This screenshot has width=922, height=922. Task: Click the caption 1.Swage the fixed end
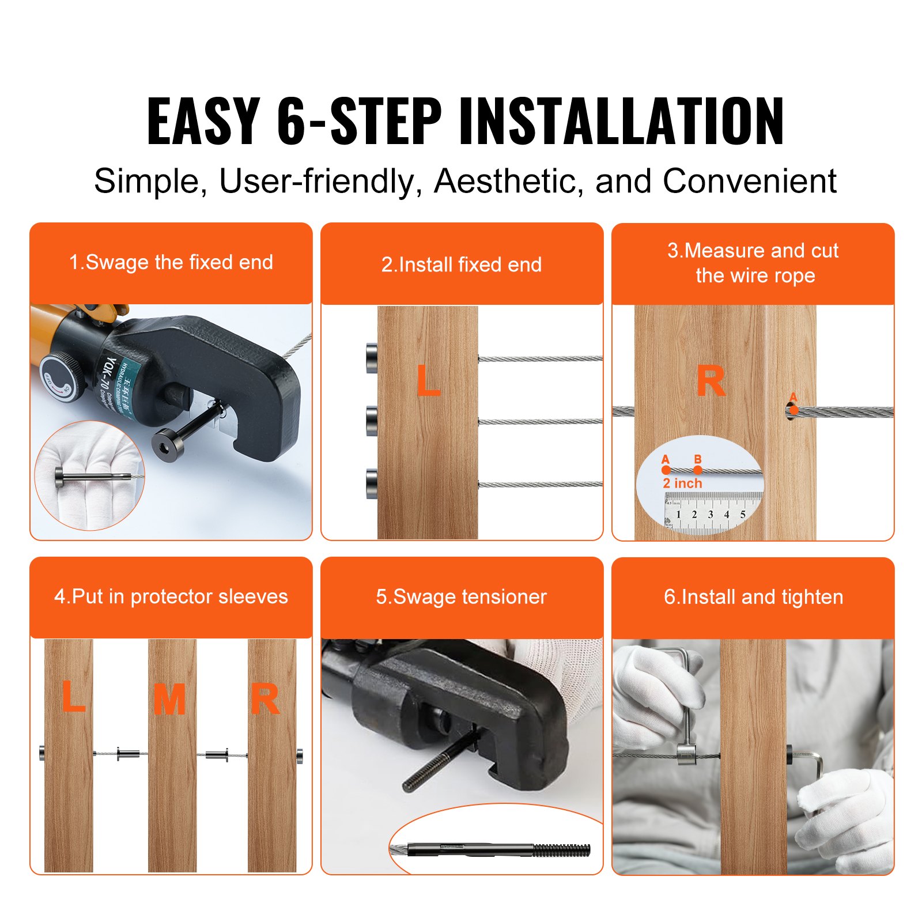171,263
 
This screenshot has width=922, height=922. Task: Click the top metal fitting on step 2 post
372,358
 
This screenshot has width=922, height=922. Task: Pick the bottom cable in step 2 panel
540,484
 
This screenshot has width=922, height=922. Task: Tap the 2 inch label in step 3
682,483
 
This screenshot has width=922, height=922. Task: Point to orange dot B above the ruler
698,470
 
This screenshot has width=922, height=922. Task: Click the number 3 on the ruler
711,515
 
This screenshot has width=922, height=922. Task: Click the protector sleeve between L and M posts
128,753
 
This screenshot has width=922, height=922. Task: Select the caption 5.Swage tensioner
461,597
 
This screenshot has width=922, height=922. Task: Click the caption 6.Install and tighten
753,597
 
